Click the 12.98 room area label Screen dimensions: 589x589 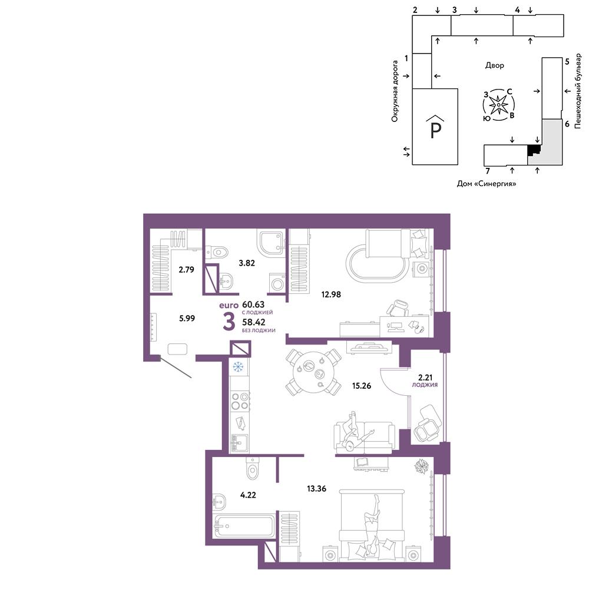click(x=331, y=294)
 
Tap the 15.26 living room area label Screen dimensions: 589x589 click(x=362, y=385)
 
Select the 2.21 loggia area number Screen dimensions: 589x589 click(x=425, y=378)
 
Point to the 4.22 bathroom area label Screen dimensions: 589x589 click(x=248, y=495)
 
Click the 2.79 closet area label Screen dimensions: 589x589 click(x=186, y=269)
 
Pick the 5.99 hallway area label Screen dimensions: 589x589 click(x=187, y=318)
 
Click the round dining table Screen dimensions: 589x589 click(x=313, y=372)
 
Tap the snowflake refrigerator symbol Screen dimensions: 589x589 click(x=238, y=366)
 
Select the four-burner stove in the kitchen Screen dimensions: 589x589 click(x=240, y=401)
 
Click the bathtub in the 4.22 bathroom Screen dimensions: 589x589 click(x=244, y=526)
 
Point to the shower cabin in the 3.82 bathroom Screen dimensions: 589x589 click(x=270, y=242)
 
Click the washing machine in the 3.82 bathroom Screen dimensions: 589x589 click(x=277, y=283)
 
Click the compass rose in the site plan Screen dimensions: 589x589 click(x=498, y=105)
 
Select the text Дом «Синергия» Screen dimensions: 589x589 click(x=486, y=184)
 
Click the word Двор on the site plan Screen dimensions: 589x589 click(x=494, y=65)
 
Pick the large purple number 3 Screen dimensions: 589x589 click(x=229, y=322)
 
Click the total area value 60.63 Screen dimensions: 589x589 click(x=253, y=305)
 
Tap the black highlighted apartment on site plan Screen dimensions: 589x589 click(x=533, y=150)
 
